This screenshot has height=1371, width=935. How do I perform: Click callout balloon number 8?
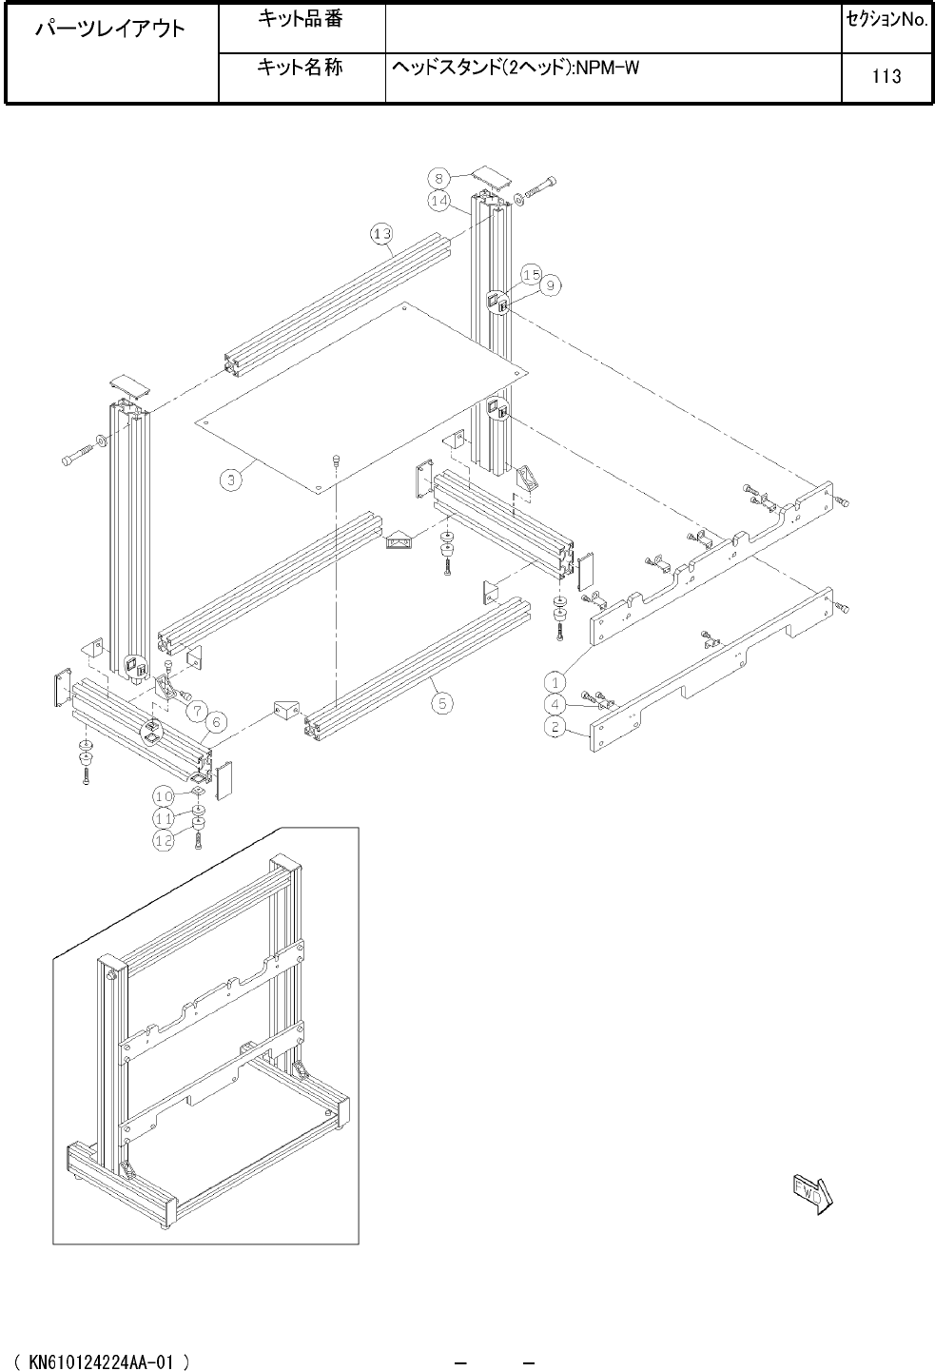pos(438,179)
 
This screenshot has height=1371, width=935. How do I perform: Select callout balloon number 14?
pos(438,201)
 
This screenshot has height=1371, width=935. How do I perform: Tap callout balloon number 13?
pos(381,234)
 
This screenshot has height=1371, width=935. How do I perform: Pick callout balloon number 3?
pos(231,480)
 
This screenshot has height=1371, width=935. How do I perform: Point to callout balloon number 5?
pos(442,703)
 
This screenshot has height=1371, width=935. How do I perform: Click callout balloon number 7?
pos(197,712)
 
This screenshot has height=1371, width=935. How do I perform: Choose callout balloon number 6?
pos(216,722)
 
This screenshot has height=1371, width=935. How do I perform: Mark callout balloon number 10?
pos(164,796)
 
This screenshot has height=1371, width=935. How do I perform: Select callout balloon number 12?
pos(164,840)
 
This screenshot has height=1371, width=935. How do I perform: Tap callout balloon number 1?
pos(555,682)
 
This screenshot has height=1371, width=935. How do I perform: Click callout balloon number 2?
pos(555,727)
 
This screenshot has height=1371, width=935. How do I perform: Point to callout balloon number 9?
pos(551,285)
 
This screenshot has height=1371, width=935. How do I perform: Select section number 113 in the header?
pos(886,76)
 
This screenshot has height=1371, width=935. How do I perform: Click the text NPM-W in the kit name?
pos(607,68)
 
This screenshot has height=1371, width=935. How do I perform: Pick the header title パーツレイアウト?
pos(110,29)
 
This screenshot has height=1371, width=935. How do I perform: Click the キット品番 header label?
pos(301,19)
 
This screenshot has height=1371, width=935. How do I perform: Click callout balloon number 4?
pos(555,704)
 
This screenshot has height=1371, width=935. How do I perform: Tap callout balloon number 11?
pos(164,818)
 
